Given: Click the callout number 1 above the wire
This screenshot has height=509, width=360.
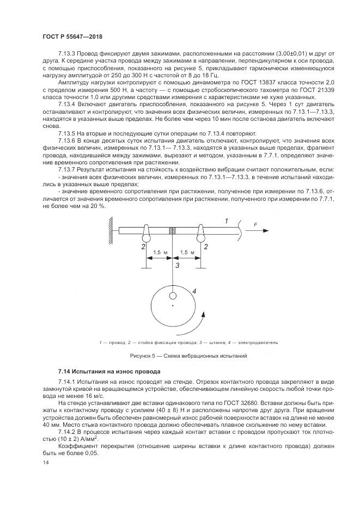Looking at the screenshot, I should pyautogui.click(x=227, y=220).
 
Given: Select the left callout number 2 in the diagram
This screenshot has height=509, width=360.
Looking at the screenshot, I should pyautogui.click(x=143, y=247).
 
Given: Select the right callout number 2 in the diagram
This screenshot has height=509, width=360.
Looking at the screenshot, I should pyautogui.click(x=206, y=247).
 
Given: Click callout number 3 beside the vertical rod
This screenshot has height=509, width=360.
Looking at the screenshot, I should pyautogui.click(x=176, y=266).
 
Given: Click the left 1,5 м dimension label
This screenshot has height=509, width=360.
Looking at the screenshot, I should pyautogui.click(x=157, y=253).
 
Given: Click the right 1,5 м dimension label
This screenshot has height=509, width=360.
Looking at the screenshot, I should pyautogui.click(x=186, y=253).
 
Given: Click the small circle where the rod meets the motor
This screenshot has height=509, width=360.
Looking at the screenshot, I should pyautogui.click(x=173, y=296).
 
